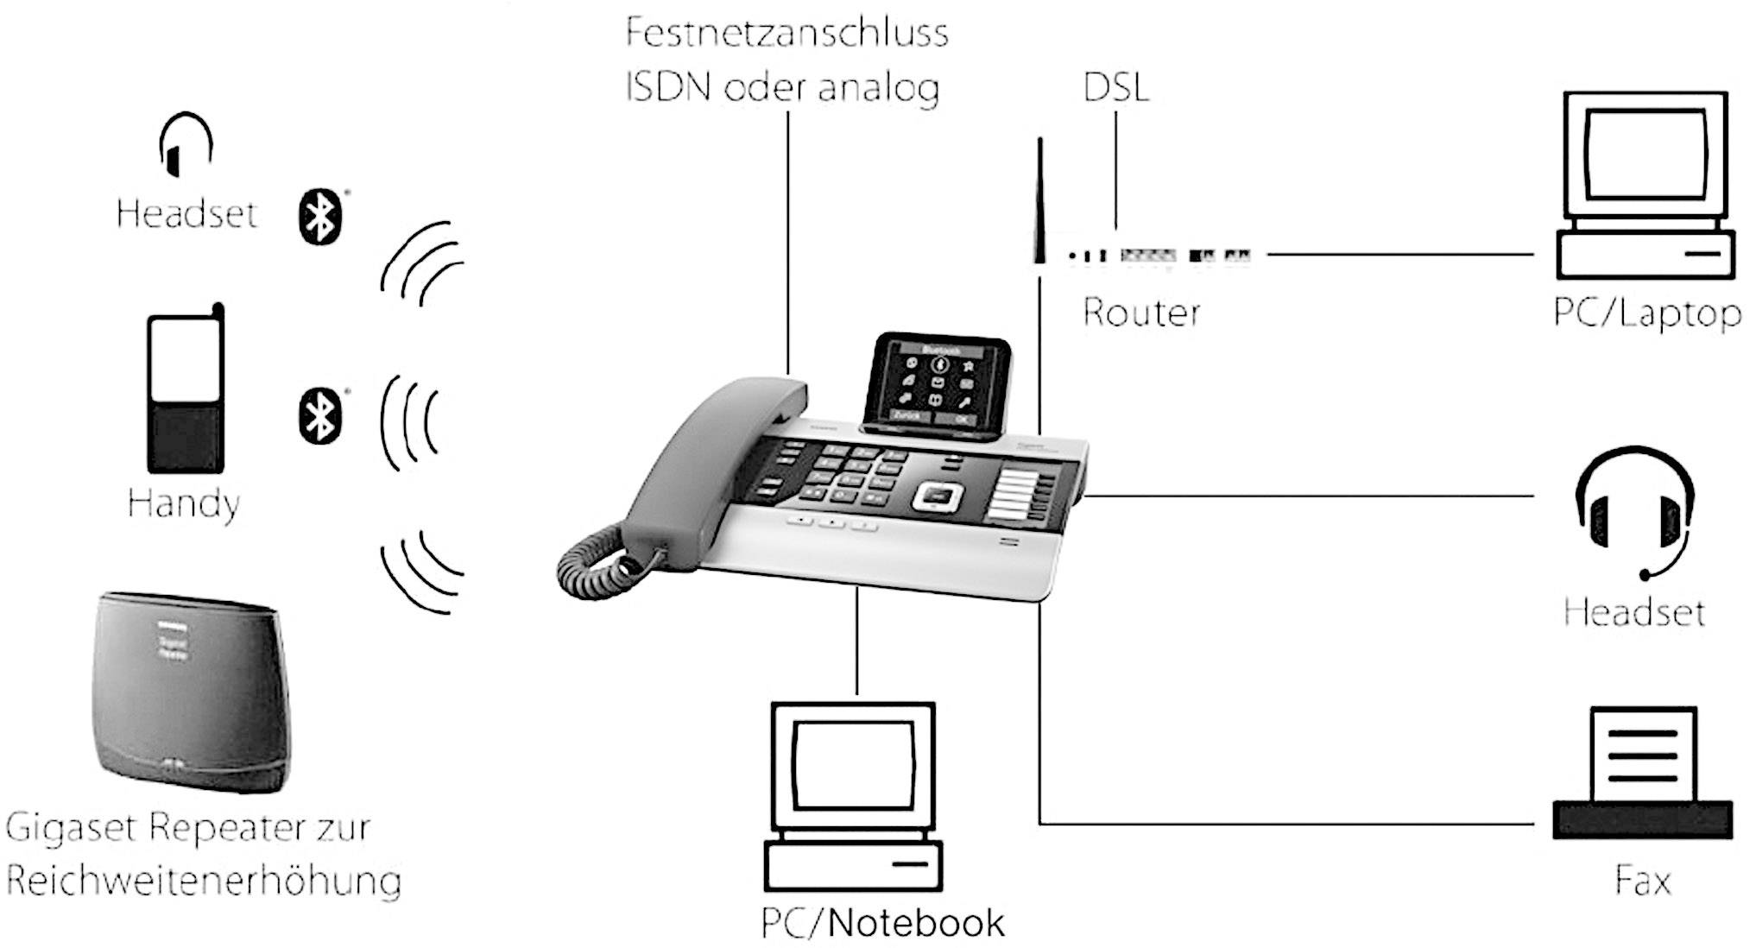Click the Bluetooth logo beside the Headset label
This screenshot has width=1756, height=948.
321,216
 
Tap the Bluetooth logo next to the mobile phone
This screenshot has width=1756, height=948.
320,416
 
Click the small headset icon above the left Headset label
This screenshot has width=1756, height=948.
186,144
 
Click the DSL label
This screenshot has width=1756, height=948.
1115,88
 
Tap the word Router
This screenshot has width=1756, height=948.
1141,313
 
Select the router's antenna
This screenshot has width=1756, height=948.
1039,199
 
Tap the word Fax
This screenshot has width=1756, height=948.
1642,881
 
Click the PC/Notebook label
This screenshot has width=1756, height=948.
882,923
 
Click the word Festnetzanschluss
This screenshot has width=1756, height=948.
786,34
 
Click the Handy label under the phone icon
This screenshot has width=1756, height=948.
183,503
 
